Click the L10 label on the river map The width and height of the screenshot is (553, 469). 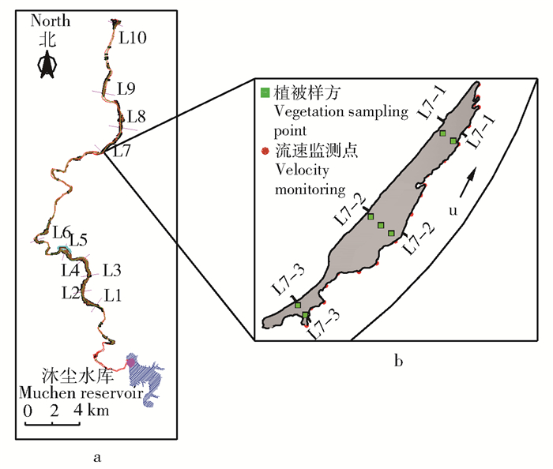click(133, 36)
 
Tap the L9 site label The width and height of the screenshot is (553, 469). click(126, 88)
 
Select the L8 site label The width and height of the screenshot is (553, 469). click(136, 117)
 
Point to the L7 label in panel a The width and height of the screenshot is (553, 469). click(122, 151)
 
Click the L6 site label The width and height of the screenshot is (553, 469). click(62, 232)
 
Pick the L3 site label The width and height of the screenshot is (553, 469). click(111, 270)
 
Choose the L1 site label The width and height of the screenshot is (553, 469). click(114, 295)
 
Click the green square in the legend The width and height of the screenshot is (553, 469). click(266, 93)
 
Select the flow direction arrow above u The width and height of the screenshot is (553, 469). click(470, 180)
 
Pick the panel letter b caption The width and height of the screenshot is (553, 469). click(399, 362)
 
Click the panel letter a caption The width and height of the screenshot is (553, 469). click(96, 456)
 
